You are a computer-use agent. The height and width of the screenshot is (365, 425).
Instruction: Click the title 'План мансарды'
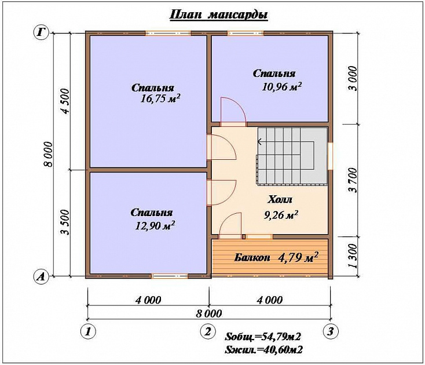(x=218, y=14)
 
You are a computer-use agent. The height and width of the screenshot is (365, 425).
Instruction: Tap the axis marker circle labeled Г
(x=41, y=33)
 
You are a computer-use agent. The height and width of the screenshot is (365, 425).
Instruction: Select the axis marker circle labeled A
(x=41, y=276)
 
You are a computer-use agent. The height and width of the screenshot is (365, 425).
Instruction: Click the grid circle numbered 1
(x=88, y=331)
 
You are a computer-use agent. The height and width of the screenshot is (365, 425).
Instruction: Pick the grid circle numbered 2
(x=208, y=331)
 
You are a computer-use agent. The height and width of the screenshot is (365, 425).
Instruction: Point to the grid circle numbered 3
(x=331, y=331)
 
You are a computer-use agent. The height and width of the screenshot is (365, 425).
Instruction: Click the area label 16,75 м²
(x=160, y=98)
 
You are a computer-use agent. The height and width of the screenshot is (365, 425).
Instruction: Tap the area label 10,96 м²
(x=281, y=87)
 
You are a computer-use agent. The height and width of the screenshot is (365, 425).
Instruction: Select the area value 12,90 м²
(x=155, y=225)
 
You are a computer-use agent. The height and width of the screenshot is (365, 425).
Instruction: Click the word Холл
(x=280, y=199)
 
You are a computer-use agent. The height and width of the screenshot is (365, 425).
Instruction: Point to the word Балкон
(x=252, y=257)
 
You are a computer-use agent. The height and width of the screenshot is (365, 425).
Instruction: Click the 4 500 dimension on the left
(x=65, y=101)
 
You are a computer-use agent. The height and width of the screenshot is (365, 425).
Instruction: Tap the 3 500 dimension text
(x=65, y=222)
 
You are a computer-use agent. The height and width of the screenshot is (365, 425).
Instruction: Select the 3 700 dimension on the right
(x=353, y=180)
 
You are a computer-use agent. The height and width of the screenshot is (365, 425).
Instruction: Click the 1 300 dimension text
(x=353, y=256)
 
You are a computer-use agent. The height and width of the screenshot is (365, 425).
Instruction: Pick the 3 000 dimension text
(x=353, y=79)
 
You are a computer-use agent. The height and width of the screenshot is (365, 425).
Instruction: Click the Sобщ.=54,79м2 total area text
(x=263, y=337)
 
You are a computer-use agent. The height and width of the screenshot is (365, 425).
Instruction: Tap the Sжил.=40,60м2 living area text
(x=263, y=350)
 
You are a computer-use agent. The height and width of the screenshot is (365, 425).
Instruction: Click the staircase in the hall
(x=292, y=156)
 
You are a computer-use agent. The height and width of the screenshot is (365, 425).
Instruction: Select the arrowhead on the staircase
(x=259, y=141)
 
